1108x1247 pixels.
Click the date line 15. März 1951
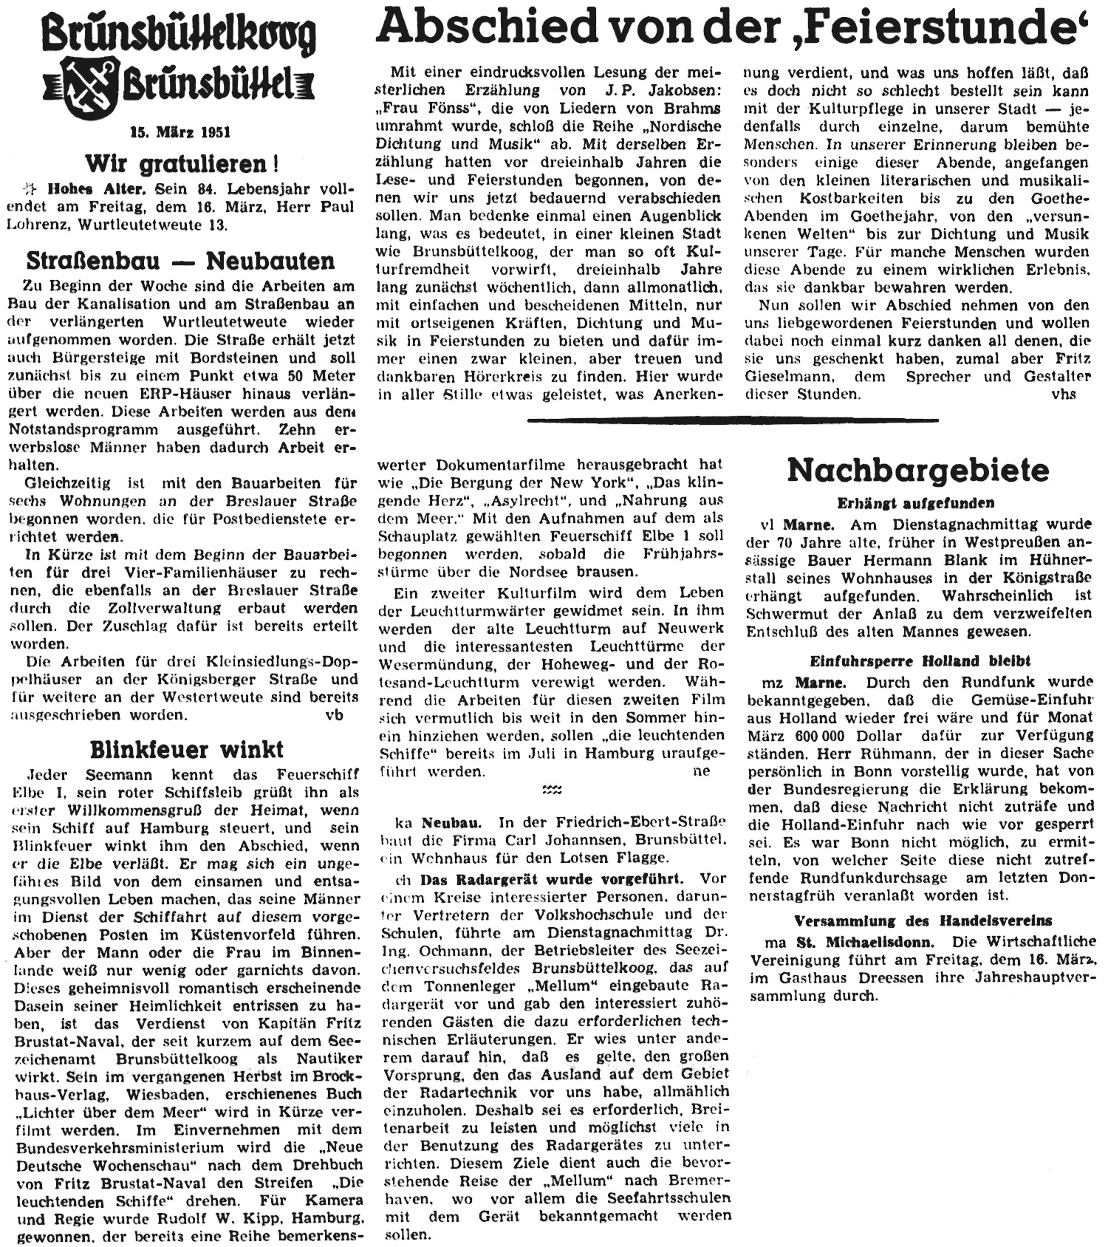coord(180,133)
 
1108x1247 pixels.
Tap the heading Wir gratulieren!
coord(181,163)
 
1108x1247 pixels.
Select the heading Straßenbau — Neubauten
coord(180,261)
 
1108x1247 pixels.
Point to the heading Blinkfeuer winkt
coord(187,750)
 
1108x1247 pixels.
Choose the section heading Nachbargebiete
coord(918,470)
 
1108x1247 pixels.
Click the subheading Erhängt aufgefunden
coord(916,503)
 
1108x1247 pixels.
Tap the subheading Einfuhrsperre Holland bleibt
coord(920,660)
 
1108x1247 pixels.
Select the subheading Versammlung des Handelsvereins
coord(923,921)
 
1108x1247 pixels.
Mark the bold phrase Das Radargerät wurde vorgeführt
coord(552,879)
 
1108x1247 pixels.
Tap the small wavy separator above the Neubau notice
coord(552,790)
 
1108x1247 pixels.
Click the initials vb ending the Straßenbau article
coord(334,714)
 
